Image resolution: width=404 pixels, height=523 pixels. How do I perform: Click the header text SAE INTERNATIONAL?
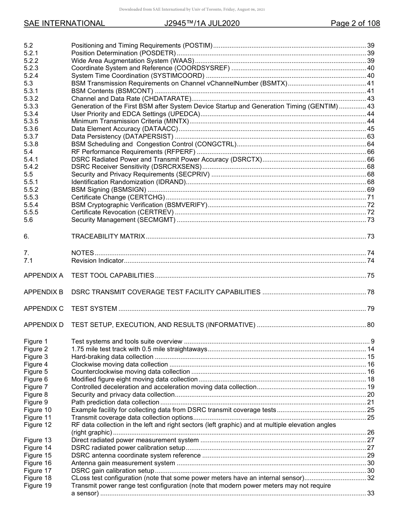coord(64,23)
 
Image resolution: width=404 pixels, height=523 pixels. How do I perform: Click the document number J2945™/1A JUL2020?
coord(202,23)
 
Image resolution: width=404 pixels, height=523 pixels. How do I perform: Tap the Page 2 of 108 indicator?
coord(355,23)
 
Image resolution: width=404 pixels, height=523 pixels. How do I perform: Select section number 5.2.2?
coord(31,61)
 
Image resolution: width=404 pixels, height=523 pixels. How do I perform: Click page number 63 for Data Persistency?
coord(370,136)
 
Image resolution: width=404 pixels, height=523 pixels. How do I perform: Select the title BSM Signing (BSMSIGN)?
coord(108,190)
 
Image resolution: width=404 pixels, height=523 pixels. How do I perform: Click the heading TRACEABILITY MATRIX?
coord(108,236)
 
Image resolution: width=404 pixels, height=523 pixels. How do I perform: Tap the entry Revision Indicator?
coord(97,261)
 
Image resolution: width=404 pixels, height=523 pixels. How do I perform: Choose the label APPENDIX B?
coord(43,292)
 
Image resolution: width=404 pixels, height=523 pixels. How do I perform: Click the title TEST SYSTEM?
coord(94,309)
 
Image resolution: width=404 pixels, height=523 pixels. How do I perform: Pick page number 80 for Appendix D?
coord(370,325)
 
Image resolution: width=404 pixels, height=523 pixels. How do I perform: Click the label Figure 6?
coord(36,379)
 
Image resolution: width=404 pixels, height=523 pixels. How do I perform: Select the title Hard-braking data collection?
coord(112,357)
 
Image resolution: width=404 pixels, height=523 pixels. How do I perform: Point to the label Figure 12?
coord(37,425)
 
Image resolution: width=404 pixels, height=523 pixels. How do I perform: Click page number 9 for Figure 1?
coord(372,341)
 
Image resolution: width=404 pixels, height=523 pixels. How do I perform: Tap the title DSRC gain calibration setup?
coord(113,471)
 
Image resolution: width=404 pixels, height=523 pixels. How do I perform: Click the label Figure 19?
coord(37,486)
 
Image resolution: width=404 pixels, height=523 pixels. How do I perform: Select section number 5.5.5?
coord(31,212)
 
